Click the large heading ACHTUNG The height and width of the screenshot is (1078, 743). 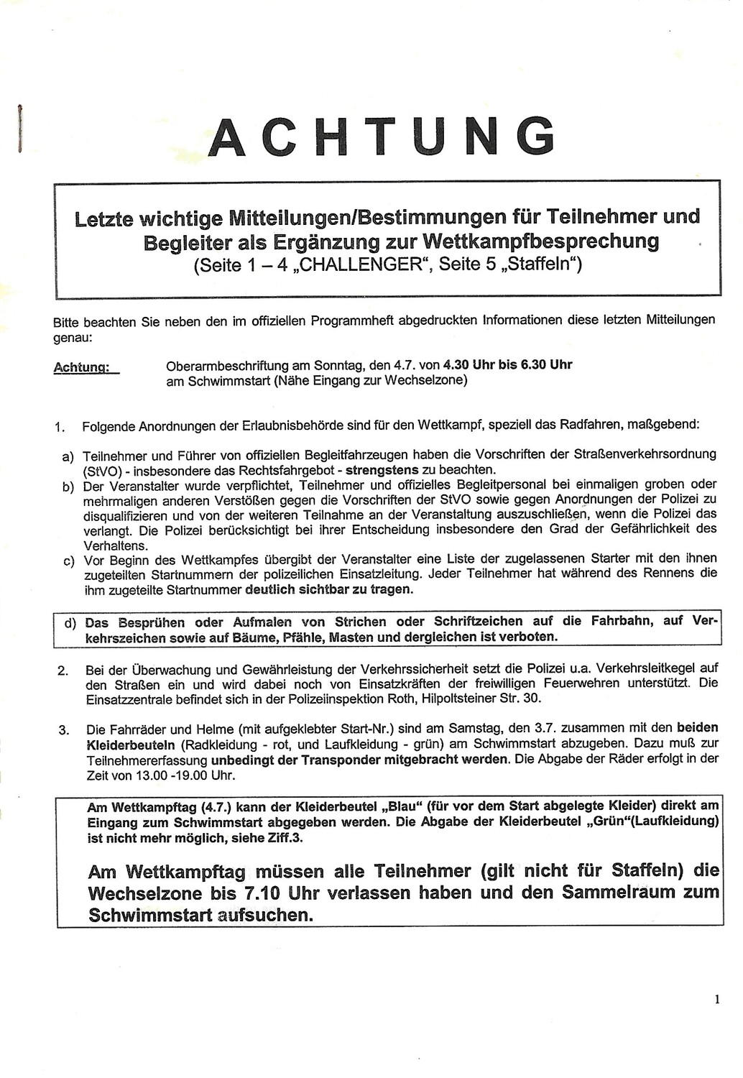coord(382,136)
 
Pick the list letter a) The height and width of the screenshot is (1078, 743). coord(68,457)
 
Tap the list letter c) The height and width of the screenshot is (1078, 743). coord(69,561)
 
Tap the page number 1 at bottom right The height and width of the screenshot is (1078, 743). coord(716,999)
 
